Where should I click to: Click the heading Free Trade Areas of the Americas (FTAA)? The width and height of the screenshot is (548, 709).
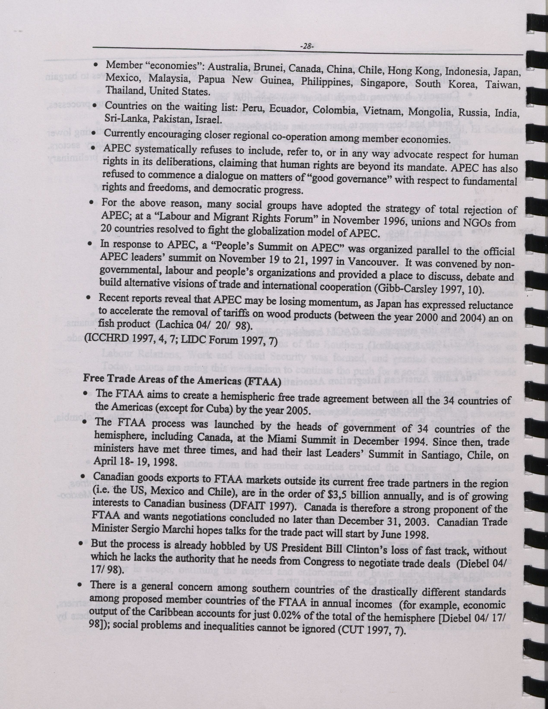pos(182,381)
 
